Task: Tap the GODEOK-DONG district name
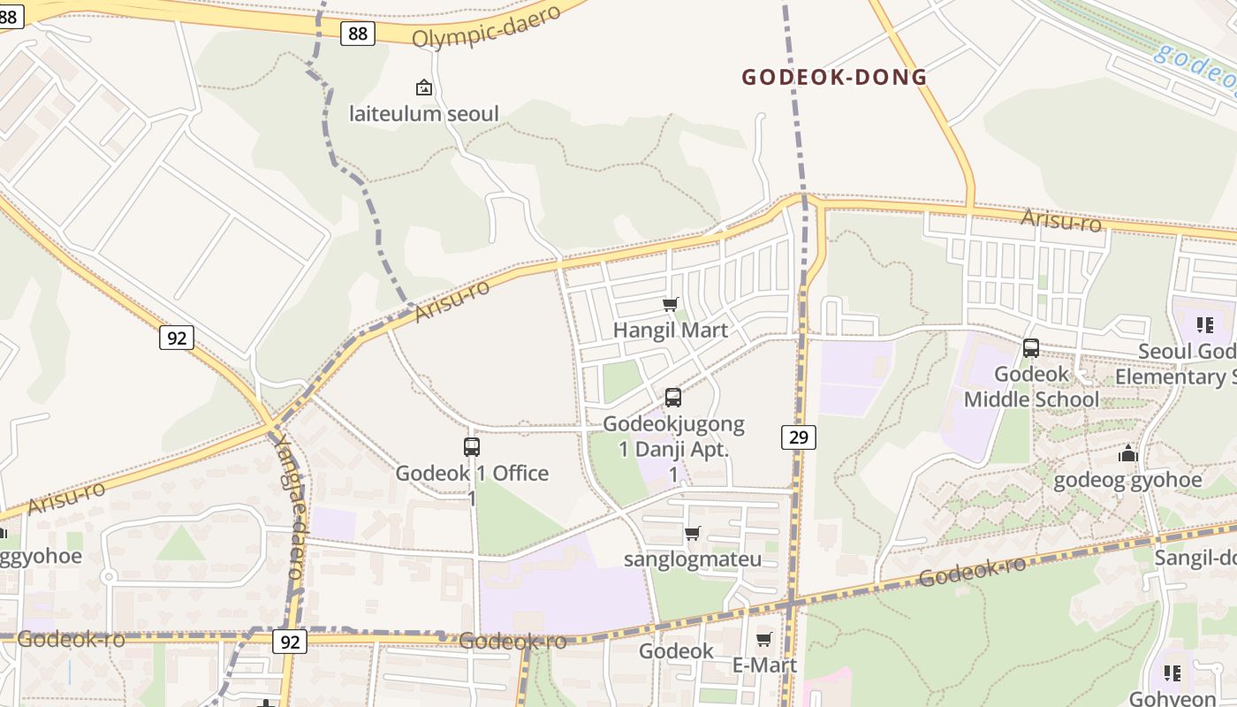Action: pyautogui.click(x=834, y=78)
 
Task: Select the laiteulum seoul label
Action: pyautogui.click(x=424, y=113)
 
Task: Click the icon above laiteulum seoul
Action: pyautogui.click(x=424, y=87)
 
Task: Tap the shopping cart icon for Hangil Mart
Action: pyautogui.click(x=671, y=305)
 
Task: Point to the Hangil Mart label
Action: pyautogui.click(x=671, y=331)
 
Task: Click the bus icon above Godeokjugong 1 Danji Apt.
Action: pyautogui.click(x=673, y=398)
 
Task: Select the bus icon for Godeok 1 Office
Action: pyautogui.click(x=472, y=447)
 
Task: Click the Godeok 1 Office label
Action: pyautogui.click(x=472, y=474)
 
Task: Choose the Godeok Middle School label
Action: pyautogui.click(x=1031, y=387)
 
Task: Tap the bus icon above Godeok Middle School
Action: pyautogui.click(x=1031, y=348)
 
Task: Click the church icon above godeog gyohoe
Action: pyautogui.click(x=1127, y=454)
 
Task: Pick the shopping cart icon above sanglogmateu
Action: pyautogui.click(x=693, y=533)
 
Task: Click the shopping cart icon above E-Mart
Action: pyautogui.click(x=764, y=639)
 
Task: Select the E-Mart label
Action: pyautogui.click(x=764, y=665)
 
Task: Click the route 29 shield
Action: pyautogui.click(x=798, y=437)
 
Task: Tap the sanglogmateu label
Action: pyautogui.click(x=693, y=559)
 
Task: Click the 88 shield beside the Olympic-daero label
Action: pyautogui.click(x=358, y=34)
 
